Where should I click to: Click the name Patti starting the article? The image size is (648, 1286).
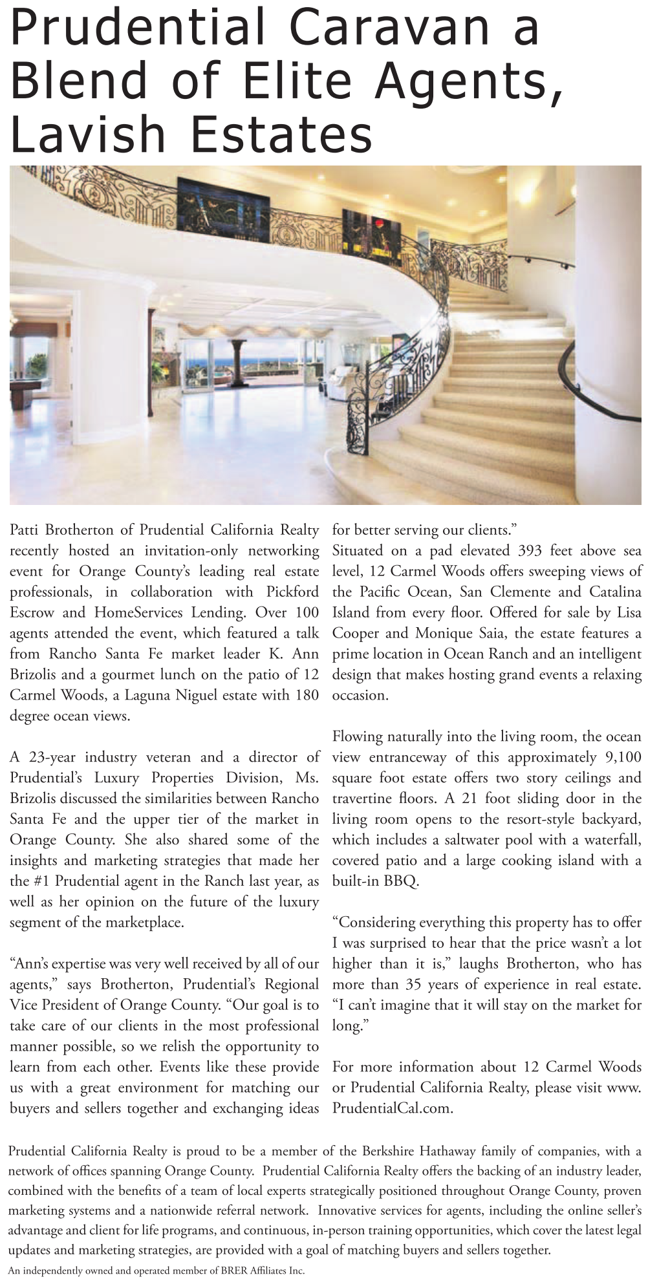click(25, 530)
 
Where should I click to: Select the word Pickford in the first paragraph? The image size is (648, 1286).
click(292, 592)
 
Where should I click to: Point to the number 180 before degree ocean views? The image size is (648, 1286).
click(305, 695)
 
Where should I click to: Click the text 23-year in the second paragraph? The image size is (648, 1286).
click(52, 757)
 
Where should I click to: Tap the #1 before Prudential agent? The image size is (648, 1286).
click(39, 881)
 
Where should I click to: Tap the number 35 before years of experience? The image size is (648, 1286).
click(414, 985)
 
